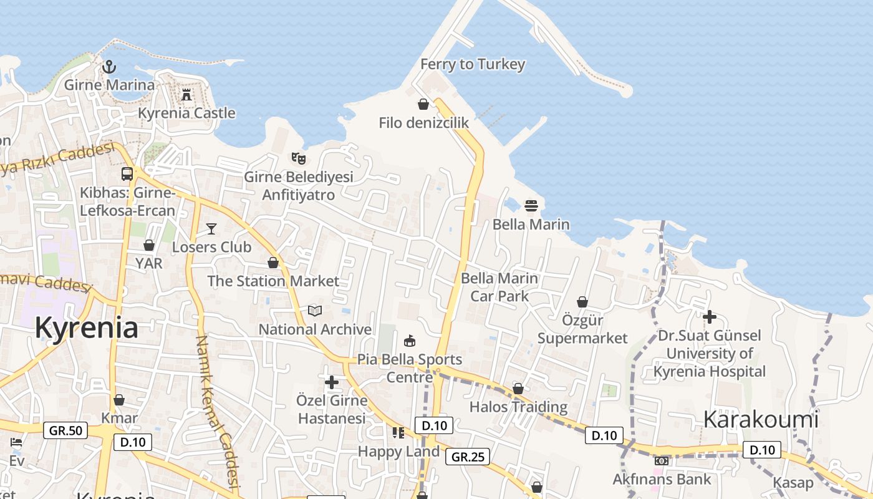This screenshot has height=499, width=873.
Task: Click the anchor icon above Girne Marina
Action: [x=109, y=66]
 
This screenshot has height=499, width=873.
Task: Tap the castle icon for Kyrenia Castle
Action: [x=186, y=95]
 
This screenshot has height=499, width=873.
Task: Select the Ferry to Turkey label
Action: [x=473, y=64]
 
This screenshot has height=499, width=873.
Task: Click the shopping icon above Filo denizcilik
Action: [x=423, y=104]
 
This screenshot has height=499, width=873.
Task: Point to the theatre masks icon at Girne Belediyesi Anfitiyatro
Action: [x=299, y=158]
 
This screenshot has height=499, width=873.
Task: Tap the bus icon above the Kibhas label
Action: [x=127, y=174]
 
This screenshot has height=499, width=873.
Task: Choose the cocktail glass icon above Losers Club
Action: [x=211, y=228]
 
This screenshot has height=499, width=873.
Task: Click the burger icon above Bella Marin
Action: [x=531, y=206]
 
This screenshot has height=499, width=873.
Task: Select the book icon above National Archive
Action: [x=315, y=311]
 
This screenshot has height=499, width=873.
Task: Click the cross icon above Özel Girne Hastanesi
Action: [x=332, y=382]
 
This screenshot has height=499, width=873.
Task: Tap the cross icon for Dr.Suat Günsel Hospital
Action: [x=709, y=317]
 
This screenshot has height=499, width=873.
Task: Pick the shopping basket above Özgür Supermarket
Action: [x=582, y=303]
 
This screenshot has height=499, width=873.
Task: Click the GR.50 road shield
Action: [x=65, y=430]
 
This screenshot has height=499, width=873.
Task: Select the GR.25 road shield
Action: [x=468, y=457]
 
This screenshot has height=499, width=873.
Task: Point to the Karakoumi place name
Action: [x=760, y=419]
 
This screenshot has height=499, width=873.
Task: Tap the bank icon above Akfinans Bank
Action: [x=662, y=461]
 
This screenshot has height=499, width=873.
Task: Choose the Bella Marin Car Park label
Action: [x=499, y=287]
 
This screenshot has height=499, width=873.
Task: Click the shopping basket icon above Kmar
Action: [x=119, y=400]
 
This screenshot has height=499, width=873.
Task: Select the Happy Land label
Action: [x=398, y=451]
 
